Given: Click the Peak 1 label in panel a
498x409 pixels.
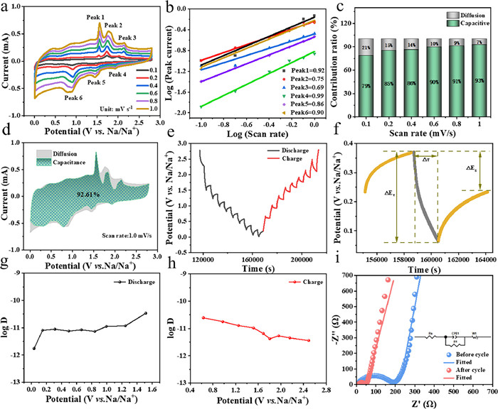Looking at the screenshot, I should [x=93, y=16].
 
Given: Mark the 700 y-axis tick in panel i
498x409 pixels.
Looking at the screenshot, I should [x=344, y=274].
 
